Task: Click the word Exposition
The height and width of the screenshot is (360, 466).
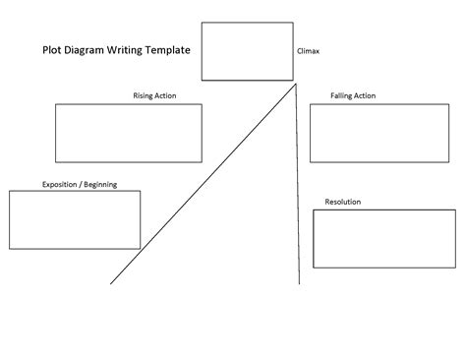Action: [x=62, y=184]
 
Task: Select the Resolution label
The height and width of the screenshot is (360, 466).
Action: [x=342, y=202]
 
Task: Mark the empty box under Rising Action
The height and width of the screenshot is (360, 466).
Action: [x=128, y=133]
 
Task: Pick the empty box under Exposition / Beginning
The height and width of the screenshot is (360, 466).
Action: [x=75, y=219]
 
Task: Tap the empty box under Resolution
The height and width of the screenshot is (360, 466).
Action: [x=376, y=238]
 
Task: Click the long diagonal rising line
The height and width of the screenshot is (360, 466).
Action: [x=202, y=184]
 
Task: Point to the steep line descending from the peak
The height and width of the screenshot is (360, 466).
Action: [x=297, y=187]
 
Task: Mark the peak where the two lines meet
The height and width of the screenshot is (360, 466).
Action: [x=295, y=86]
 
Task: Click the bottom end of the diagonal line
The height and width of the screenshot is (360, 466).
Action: [x=111, y=281]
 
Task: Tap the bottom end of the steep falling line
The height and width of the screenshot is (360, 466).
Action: [x=299, y=283]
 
